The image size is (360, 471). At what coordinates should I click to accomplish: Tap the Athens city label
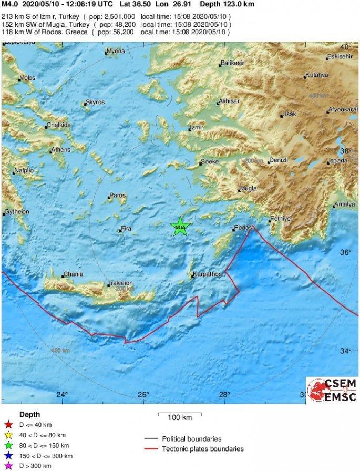tap(60, 150)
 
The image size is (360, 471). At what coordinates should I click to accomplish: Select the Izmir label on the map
tap(197, 128)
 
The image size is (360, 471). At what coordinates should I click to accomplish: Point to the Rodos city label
tap(244, 228)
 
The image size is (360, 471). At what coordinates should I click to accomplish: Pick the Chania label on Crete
tap(73, 274)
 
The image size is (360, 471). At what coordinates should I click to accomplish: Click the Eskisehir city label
tap(338, 56)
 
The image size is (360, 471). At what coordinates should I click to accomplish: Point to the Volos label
tap(27, 79)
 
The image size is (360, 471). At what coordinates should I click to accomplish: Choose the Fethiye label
tap(280, 218)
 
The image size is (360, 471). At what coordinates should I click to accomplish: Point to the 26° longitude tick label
tap(143, 394)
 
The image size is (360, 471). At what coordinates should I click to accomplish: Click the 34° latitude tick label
tap(345, 351)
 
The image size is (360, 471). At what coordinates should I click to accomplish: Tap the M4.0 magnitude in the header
tap(9, 4)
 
